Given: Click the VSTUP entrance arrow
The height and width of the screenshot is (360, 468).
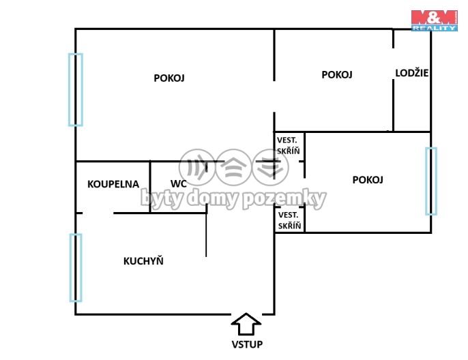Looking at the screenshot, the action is tap(246, 324).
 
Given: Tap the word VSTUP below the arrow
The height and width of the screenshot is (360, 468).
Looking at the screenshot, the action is tap(247, 344).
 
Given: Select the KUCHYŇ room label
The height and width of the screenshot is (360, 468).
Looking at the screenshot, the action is tap(143, 260).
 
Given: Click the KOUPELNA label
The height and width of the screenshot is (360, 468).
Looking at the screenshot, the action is tap(113, 184).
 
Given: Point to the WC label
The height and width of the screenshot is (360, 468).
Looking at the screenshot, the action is tap(179, 183).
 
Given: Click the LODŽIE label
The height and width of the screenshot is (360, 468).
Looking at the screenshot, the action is tap(412, 72).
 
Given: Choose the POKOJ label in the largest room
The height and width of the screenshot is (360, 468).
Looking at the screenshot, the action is tap(169, 78).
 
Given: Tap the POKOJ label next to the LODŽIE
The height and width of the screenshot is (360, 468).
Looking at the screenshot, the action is tap(337, 74).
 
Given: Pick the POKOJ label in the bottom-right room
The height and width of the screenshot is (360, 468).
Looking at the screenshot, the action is tap(368, 180).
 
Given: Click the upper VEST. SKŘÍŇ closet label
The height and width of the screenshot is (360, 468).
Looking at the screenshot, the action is tap(288, 145).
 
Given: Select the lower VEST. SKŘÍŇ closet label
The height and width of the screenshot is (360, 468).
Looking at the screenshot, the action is tap(289, 220).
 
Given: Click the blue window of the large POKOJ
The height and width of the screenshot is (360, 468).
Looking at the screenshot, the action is tap(76, 89).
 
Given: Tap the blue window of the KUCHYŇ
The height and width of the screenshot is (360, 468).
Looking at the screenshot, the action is tap(76, 267).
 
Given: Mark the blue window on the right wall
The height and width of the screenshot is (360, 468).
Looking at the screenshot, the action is tap(431, 181).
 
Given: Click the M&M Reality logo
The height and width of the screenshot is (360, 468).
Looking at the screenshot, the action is tap(435, 20).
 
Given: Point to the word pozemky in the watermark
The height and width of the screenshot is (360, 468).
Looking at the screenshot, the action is tap(284, 198).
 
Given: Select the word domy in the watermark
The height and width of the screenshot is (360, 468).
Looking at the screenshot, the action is tap(214, 198).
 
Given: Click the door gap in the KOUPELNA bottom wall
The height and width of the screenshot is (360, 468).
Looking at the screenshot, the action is tap(98, 213).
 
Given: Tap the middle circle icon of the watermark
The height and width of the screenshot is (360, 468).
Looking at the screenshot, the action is tap(234, 167).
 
